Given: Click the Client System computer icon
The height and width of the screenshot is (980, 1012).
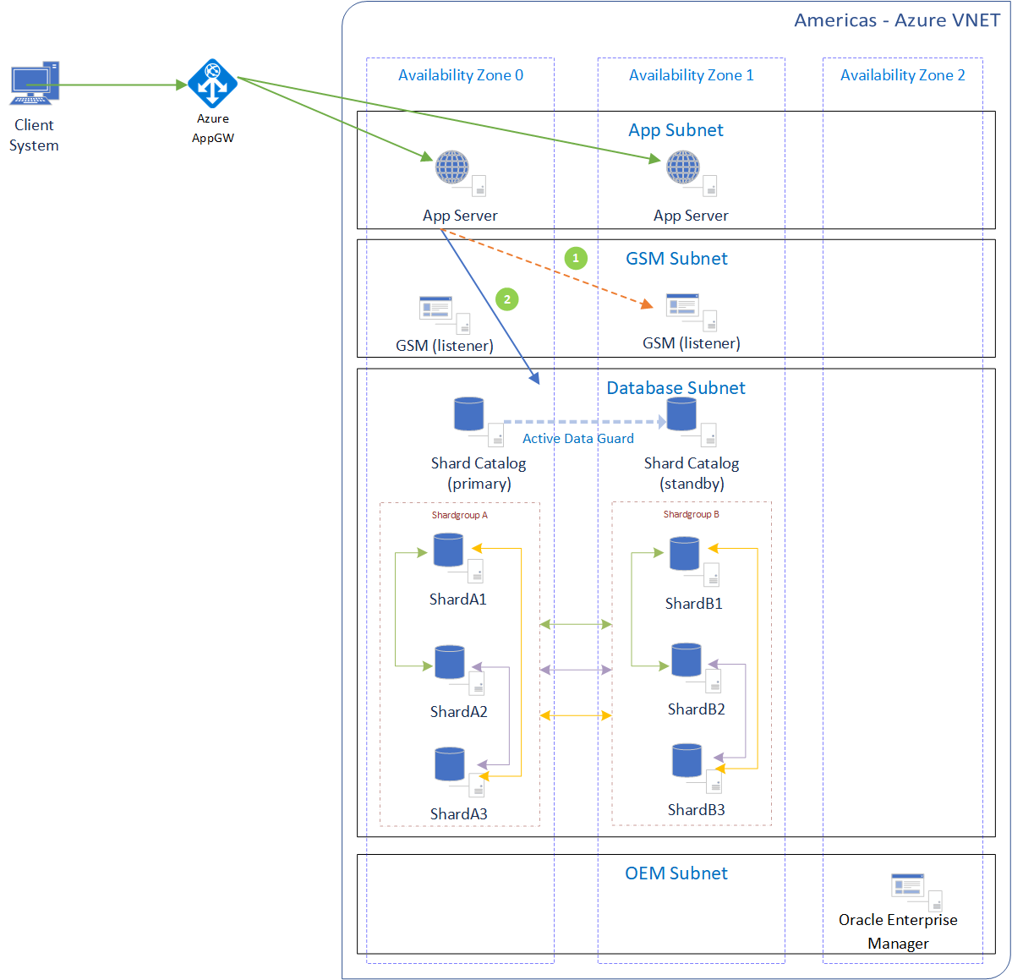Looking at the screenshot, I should click(34, 83).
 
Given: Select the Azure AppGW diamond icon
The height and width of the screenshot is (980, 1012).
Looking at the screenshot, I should click(212, 84).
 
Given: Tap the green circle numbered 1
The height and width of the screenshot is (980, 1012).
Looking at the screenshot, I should click(576, 258).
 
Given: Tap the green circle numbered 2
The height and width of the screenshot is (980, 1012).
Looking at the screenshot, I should click(507, 299).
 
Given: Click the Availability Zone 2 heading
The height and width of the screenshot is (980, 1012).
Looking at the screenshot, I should click(902, 75).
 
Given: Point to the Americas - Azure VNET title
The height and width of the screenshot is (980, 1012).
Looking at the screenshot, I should click(896, 20).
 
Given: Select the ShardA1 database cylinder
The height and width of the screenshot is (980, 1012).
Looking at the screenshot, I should click(448, 550).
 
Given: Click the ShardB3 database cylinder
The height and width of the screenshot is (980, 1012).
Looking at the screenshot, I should click(687, 760).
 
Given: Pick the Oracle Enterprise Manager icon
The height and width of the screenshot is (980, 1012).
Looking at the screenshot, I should click(908, 887).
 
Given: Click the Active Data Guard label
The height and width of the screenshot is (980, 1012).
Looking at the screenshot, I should click(577, 438).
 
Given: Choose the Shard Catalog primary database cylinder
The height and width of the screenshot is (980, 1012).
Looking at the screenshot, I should click(468, 414).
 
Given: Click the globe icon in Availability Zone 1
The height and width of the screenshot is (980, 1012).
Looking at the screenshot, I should click(682, 167).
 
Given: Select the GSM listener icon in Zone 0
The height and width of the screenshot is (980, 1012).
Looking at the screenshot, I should click(436, 309).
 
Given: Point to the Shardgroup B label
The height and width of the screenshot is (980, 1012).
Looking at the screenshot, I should click(691, 514).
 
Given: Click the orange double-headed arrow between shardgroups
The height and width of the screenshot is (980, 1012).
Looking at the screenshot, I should click(575, 715).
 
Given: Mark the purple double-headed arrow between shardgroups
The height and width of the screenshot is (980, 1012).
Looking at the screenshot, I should click(575, 670).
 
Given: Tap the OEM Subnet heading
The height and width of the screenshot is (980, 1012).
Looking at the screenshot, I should click(676, 873).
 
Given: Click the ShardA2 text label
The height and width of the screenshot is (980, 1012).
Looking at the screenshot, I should click(458, 712).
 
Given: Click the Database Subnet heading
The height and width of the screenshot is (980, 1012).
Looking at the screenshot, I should click(676, 388).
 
